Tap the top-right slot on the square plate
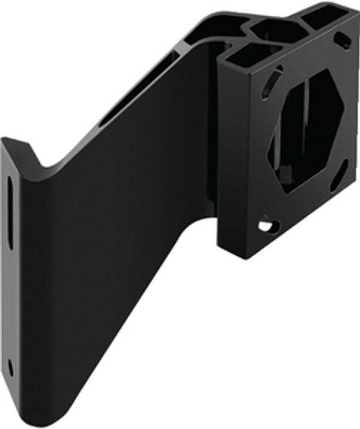tap(343, 40)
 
